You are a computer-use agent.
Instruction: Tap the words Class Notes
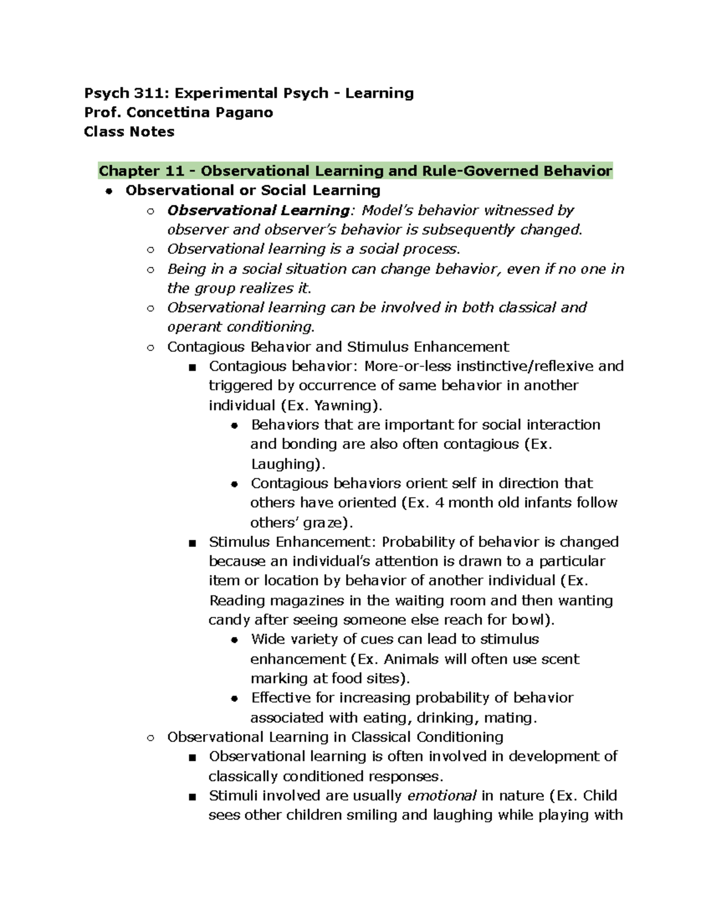(x=129, y=132)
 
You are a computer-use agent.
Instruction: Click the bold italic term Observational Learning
(x=258, y=211)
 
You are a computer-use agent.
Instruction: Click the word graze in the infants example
(x=323, y=522)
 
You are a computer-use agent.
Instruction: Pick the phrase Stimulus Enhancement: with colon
(x=293, y=542)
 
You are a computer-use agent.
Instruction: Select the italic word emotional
(x=442, y=795)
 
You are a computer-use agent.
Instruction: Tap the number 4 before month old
(x=439, y=503)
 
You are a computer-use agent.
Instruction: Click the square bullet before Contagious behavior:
(x=192, y=367)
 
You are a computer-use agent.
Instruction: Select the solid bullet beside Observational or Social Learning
(x=108, y=191)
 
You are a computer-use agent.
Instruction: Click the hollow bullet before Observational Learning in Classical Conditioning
(x=150, y=738)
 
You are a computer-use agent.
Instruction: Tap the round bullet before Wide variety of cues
(x=235, y=640)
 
